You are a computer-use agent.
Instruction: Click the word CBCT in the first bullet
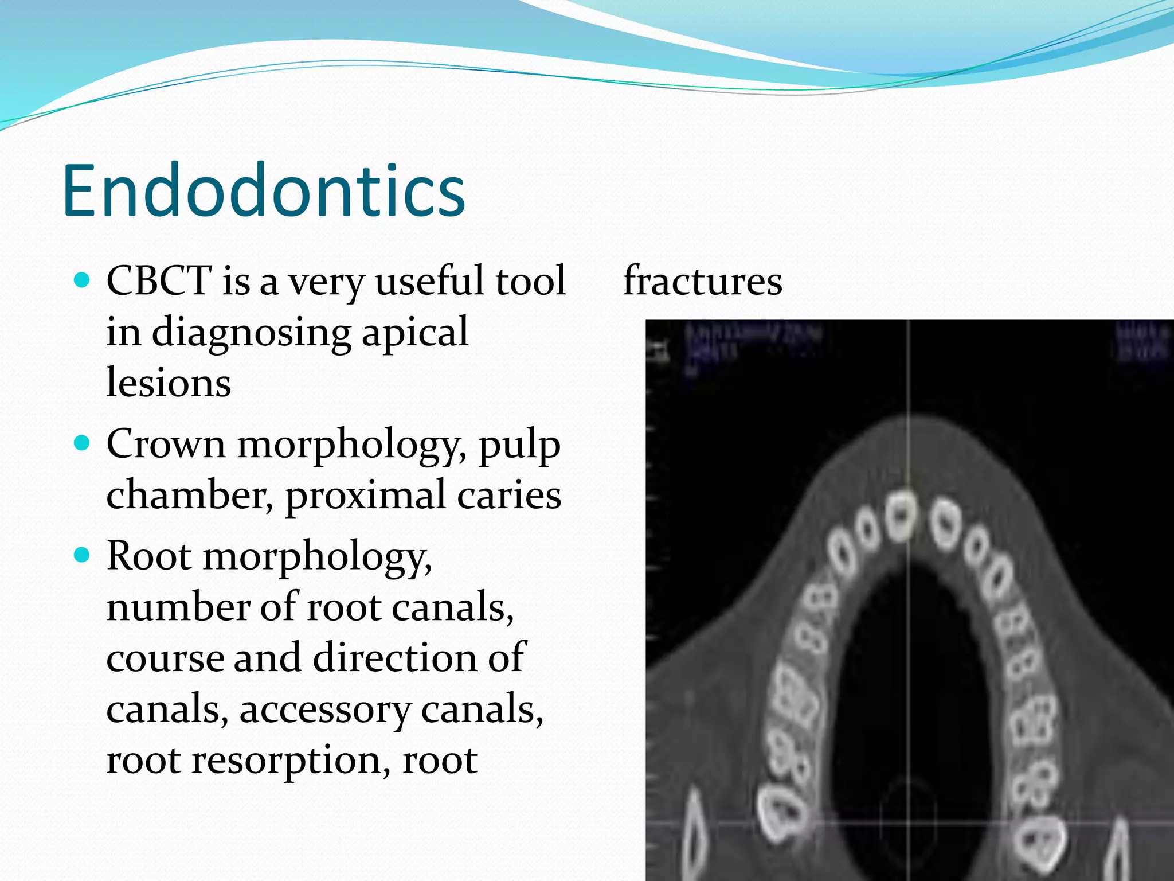[159, 280]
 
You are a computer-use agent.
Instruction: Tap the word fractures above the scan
[702, 280]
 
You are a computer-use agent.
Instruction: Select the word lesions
[169, 383]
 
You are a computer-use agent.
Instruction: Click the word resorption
[285, 761]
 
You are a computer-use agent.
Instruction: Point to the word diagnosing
[251, 333]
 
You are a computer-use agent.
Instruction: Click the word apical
[415, 333]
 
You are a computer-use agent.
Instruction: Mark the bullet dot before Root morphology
[83, 555]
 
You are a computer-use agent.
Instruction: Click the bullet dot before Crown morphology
[83, 443]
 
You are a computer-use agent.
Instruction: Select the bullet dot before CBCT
[83, 280]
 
